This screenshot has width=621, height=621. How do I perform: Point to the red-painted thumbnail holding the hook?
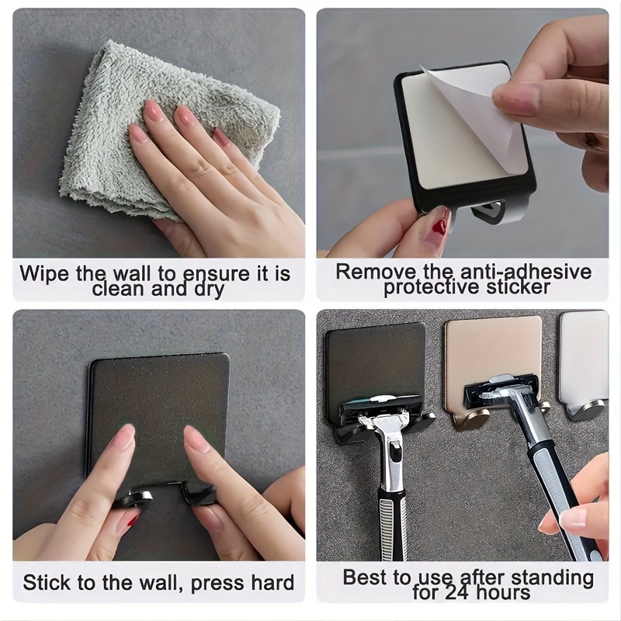(x=439, y=226)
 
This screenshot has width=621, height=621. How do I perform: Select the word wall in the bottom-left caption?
(x=151, y=582)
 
